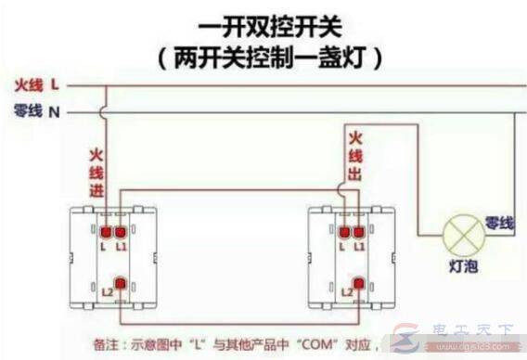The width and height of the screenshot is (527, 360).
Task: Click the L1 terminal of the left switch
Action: (122, 230)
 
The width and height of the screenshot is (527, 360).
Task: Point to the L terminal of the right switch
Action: (343, 230)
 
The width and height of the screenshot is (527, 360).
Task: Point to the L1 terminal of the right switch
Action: (357, 230)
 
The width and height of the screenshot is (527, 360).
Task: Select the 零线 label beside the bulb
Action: (498, 223)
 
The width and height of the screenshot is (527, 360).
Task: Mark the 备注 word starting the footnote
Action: (106, 342)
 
